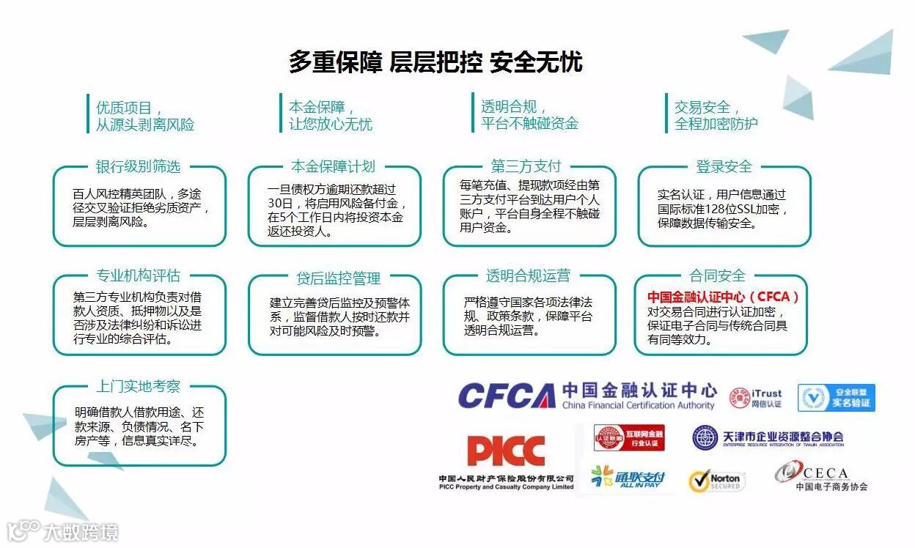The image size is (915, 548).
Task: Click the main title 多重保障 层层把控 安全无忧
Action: tap(436, 62)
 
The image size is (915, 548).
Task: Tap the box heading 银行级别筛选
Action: tap(138, 166)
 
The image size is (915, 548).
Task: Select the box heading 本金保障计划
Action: tap(333, 166)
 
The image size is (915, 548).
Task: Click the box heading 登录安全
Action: tap(724, 166)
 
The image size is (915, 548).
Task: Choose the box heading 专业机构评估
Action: tap(138, 276)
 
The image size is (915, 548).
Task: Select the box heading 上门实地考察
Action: tap(138, 387)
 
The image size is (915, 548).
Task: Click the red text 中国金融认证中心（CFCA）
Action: tap(723, 297)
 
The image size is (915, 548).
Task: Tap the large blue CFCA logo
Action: tap(506, 396)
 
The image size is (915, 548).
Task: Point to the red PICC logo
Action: tap(506, 451)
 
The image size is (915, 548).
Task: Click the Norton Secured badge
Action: tap(716, 481)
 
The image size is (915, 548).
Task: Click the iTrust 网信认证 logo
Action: tap(755, 398)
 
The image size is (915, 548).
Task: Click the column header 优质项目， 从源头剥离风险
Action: tap(145, 116)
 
